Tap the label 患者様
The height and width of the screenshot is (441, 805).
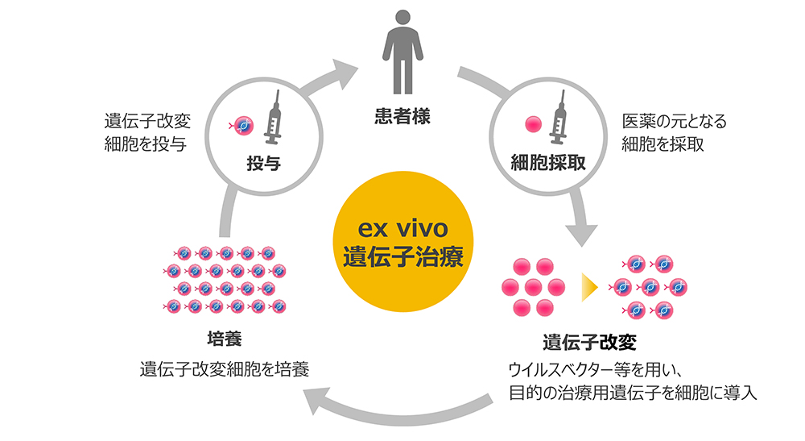tap(402, 116)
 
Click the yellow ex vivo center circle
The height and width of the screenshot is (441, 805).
tap(402, 242)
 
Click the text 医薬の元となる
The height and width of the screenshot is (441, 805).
tap(674, 122)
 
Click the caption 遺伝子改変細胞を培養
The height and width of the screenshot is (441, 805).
tap(224, 369)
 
